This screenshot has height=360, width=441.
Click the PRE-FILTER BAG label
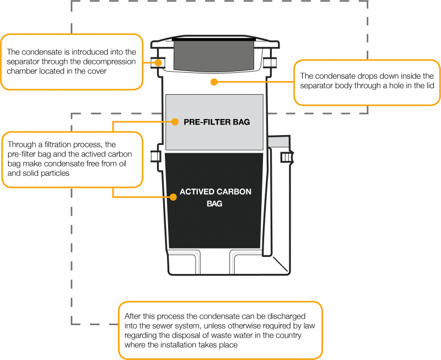(x=217, y=122)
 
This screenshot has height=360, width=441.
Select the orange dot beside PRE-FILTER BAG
(x=173, y=122)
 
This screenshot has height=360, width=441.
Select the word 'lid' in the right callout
(x=418, y=85)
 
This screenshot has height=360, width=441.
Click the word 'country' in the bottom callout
(x=290, y=335)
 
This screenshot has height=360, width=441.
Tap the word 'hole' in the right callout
(x=384, y=85)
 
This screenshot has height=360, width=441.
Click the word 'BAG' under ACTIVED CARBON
(x=214, y=203)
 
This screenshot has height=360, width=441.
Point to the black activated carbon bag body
(x=215, y=226)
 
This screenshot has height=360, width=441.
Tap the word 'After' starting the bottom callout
(x=134, y=315)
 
